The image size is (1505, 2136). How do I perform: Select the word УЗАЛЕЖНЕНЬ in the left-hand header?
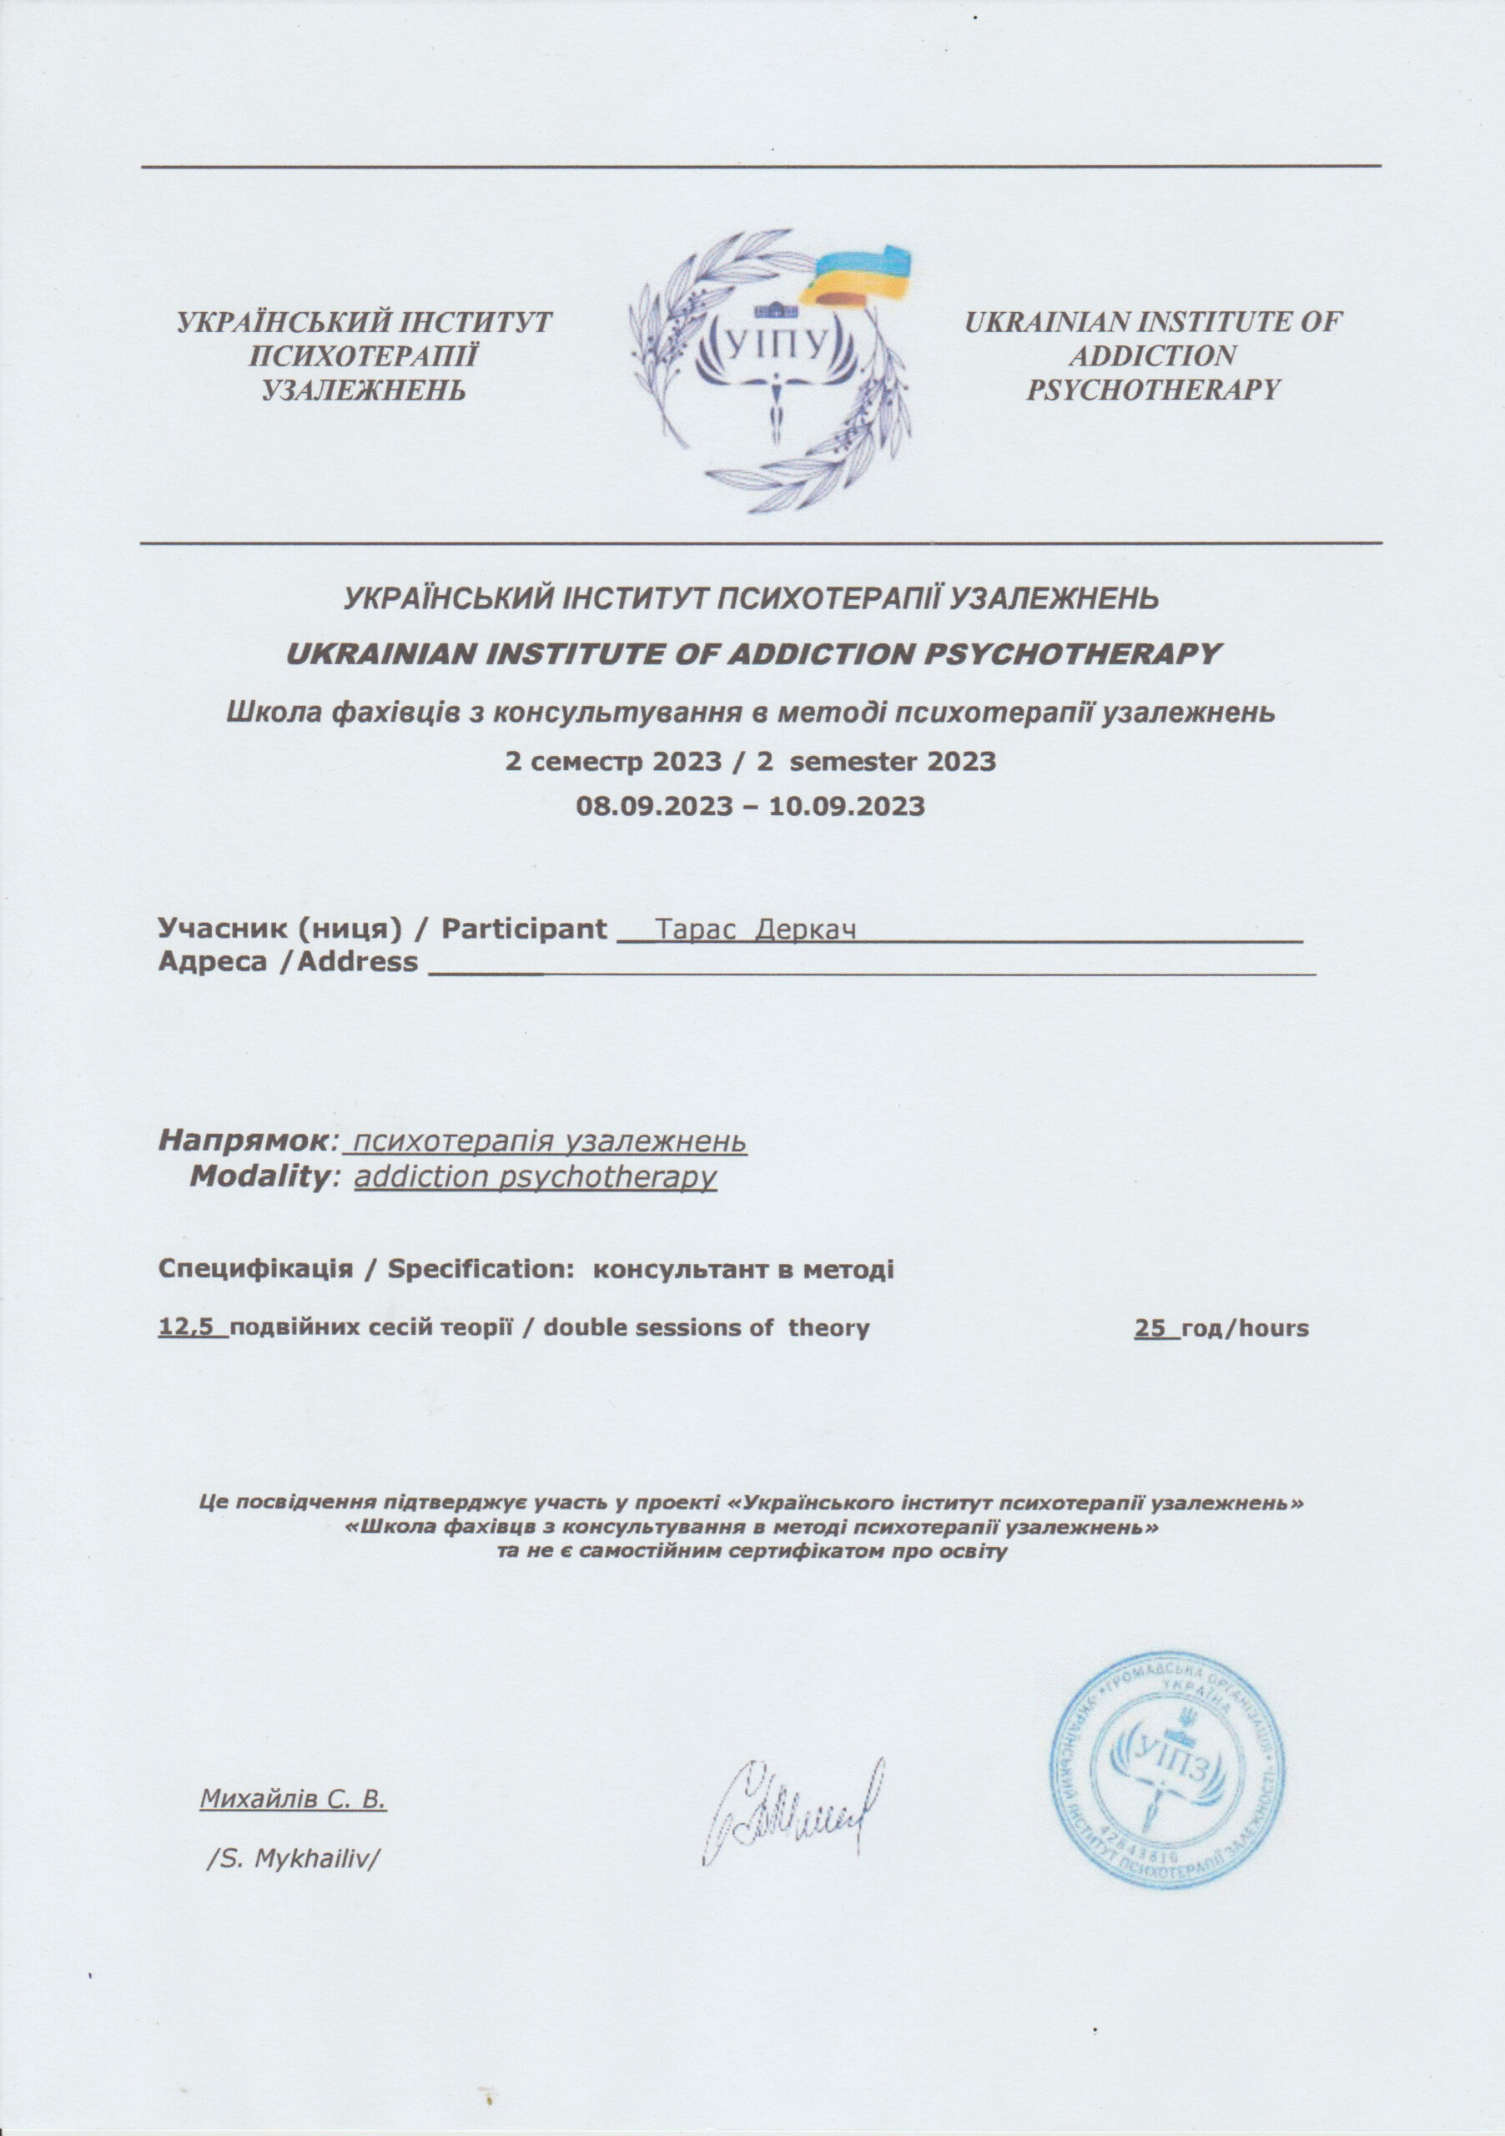[364, 389]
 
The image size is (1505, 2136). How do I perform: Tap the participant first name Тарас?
[696, 929]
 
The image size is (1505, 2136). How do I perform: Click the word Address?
[356, 961]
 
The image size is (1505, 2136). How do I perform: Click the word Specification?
[480, 1269]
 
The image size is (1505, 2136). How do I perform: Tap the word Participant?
[524, 929]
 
